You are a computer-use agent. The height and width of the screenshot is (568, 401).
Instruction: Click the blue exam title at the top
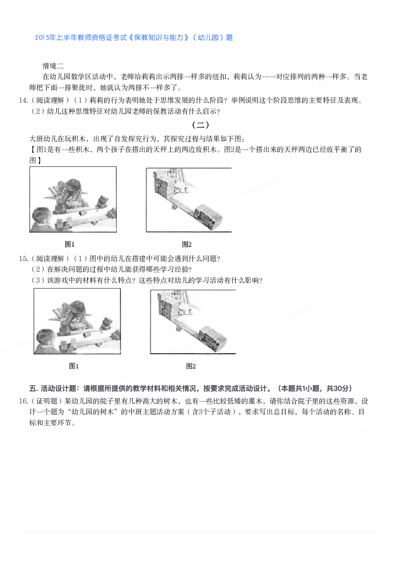[134, 38]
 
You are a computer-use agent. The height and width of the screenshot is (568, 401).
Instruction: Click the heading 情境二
[53, 66]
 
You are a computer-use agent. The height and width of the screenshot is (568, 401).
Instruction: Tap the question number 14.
[23, 100]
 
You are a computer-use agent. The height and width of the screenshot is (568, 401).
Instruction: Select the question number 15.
[23, 259]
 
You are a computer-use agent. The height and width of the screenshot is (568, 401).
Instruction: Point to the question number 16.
[23, 401]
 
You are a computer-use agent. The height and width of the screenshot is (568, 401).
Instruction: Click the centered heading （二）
[200, 125]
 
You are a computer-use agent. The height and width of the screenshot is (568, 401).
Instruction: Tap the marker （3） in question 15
[38, 280]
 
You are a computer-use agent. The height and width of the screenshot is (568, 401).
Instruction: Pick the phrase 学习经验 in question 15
[174, 269]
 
